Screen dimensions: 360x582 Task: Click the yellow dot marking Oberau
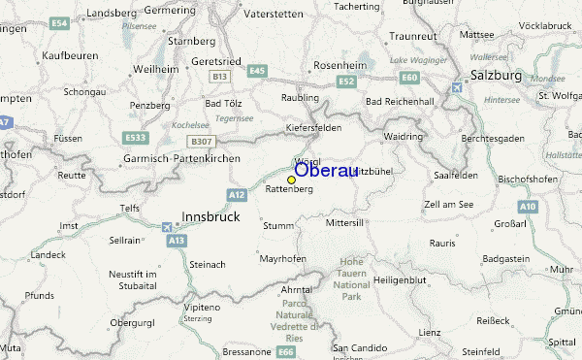(291, 179)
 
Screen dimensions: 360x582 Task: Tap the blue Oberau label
(325, 170)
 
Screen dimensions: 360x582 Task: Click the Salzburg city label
(496, 75)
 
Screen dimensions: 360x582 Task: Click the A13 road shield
(176, 240)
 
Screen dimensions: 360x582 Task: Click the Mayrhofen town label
(282, 259)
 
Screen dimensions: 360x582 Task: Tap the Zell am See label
(448, 205)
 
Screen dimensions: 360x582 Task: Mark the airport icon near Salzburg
(457, 88)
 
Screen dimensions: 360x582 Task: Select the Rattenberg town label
(289, 190)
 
